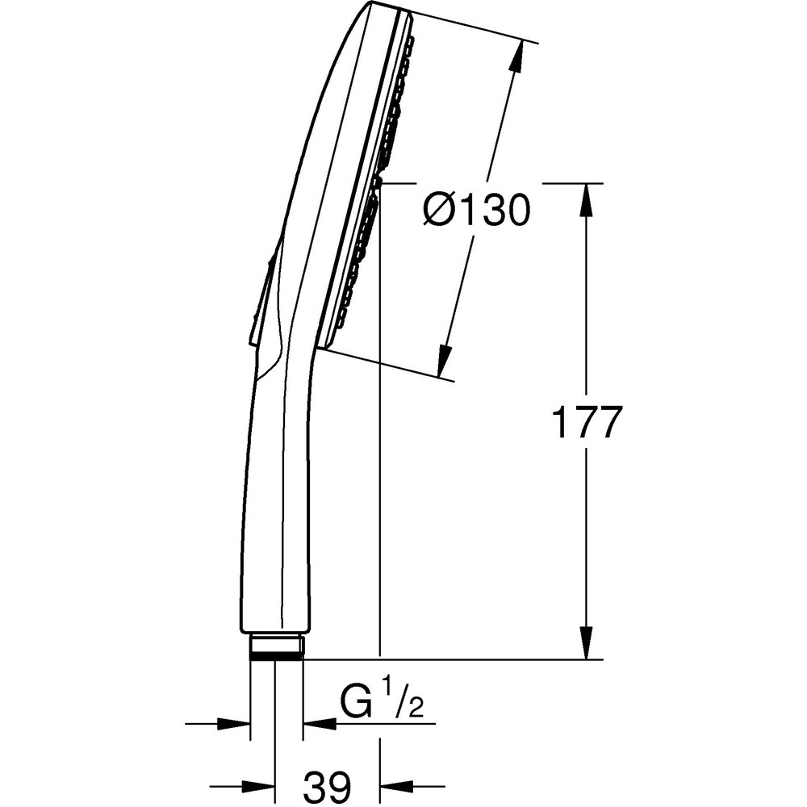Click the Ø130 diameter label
click(x=476, y=211)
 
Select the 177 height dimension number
click(x=587, y=422)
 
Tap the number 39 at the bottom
click(x=328, y=784)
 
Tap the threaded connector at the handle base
click(x=276, y=647)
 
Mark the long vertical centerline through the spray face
click(x=379, y=484)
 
